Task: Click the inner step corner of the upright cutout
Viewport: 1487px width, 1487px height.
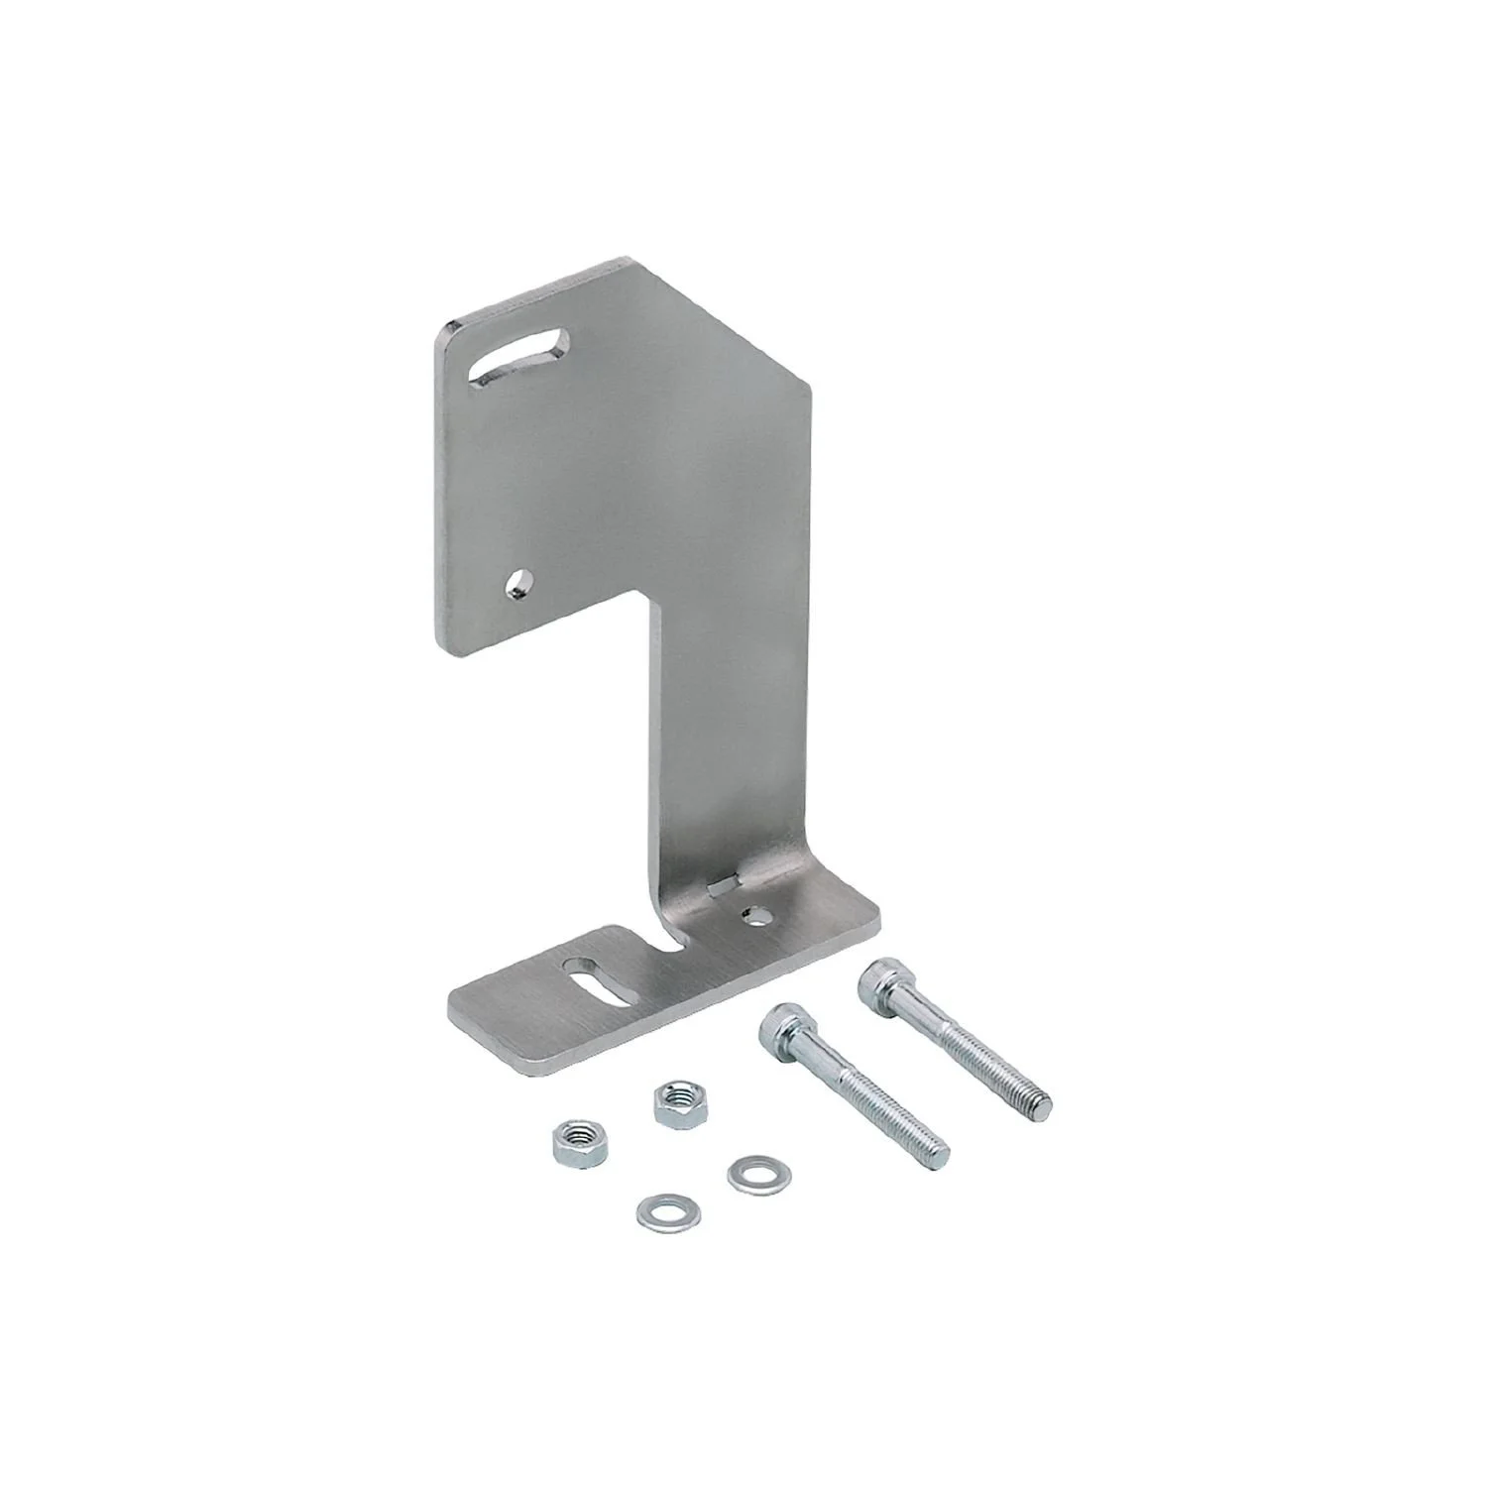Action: coord(649,596)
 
